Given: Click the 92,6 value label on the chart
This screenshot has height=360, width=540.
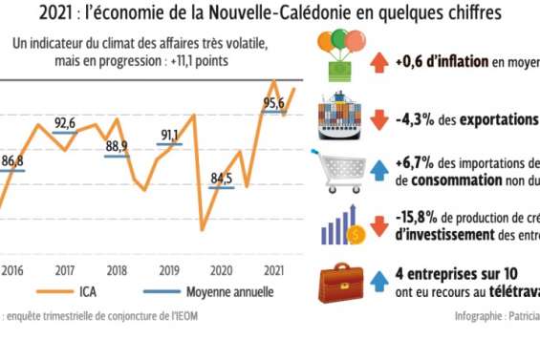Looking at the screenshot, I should [x=65, y=123].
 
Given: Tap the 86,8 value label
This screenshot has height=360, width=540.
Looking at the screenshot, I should [x=14, y=159].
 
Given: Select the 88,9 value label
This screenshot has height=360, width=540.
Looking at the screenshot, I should [x=117, y=146].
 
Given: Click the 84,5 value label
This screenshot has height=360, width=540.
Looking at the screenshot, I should [x=222, y=177].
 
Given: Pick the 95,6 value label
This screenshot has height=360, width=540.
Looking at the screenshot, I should [x=274, y=102].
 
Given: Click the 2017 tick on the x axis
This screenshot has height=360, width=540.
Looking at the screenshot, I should [x=65, y=269].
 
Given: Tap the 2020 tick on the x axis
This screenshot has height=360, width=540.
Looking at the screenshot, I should [x=222, y=269].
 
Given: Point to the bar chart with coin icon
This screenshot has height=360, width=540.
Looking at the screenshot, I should [x=341, y=225].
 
